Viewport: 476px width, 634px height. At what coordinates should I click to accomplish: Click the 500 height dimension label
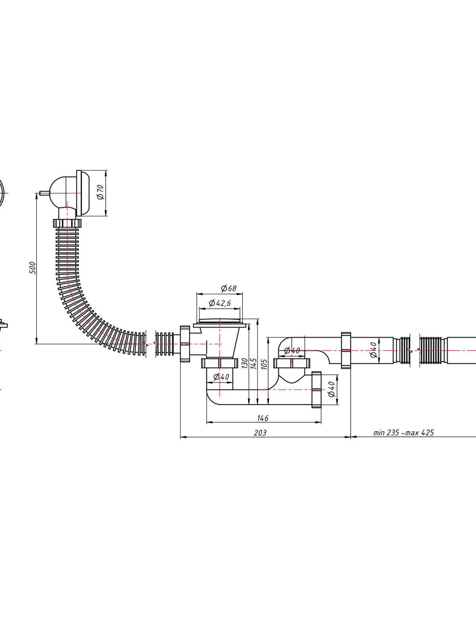pos(33,268)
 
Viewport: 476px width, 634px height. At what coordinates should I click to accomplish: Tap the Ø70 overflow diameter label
pos(101,192)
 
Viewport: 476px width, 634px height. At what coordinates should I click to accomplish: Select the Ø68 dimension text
pos(228,288)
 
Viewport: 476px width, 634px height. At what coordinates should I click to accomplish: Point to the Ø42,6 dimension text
pos(220,303)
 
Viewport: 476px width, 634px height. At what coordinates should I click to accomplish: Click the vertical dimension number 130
pos(245,363)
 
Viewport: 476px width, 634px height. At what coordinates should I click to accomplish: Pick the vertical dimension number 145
pos(253,363)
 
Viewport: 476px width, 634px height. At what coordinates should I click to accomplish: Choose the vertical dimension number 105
pos(263,364)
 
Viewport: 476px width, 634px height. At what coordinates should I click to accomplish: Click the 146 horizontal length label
pos(263,418)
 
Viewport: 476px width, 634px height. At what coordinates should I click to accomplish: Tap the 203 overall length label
pos(260,433)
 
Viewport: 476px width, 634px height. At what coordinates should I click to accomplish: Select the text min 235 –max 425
pos(403,432)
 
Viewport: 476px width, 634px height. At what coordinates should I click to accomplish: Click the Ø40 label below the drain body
pos(221,377)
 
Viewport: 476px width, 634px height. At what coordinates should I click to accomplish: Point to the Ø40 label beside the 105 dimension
pos(292,351)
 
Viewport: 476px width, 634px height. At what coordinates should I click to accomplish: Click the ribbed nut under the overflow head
pos(67,223)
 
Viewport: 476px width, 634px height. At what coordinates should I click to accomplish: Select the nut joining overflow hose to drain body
pos(185,344)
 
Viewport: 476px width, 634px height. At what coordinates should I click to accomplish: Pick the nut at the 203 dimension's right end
pos(346,350)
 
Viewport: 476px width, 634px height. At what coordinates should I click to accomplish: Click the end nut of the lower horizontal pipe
pos(317,390)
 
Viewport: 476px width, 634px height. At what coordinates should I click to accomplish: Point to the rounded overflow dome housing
pos(63,193)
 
